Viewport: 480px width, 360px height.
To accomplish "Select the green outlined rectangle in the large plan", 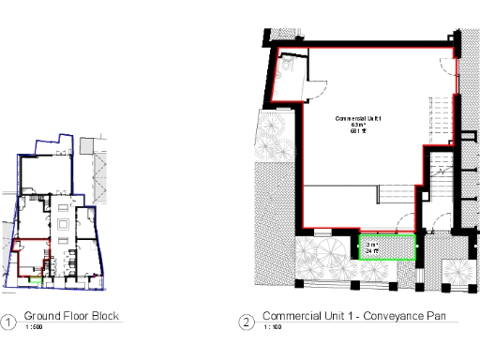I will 387,248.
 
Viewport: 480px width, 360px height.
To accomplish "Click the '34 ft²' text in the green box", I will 372,251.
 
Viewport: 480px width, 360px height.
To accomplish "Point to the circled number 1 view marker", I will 8,323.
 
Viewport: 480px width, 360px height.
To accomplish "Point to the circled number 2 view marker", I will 247,323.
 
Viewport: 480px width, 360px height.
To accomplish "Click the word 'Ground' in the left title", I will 42,316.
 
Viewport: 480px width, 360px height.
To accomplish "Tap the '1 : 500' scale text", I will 34,328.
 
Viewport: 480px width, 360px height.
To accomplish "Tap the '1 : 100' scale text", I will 272,328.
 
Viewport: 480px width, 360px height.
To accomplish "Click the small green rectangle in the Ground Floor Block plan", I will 36,278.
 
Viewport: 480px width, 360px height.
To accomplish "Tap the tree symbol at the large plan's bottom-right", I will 456,273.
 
